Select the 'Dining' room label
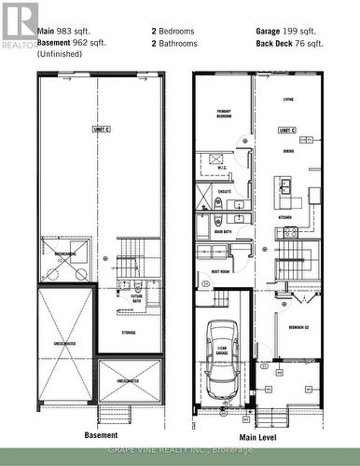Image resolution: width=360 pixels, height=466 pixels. coord(289,150)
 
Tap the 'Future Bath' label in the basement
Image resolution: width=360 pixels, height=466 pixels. coord(136,298)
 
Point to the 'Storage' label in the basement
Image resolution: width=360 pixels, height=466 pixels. coord(130,330)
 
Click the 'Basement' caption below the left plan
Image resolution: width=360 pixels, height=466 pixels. coord(101,435)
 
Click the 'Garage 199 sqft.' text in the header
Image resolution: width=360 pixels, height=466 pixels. coord(286,31)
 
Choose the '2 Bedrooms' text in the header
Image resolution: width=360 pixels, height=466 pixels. coord(174,31)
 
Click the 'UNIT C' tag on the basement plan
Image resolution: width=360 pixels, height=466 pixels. coord(101,130)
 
